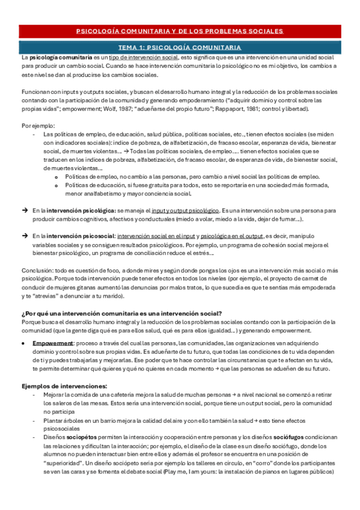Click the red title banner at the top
click(x=180, y=31)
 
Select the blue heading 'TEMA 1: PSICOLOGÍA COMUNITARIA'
click(x=180, y=47)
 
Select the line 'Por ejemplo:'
click(x=37, y=125)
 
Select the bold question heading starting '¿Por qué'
click(x=121, y=313)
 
